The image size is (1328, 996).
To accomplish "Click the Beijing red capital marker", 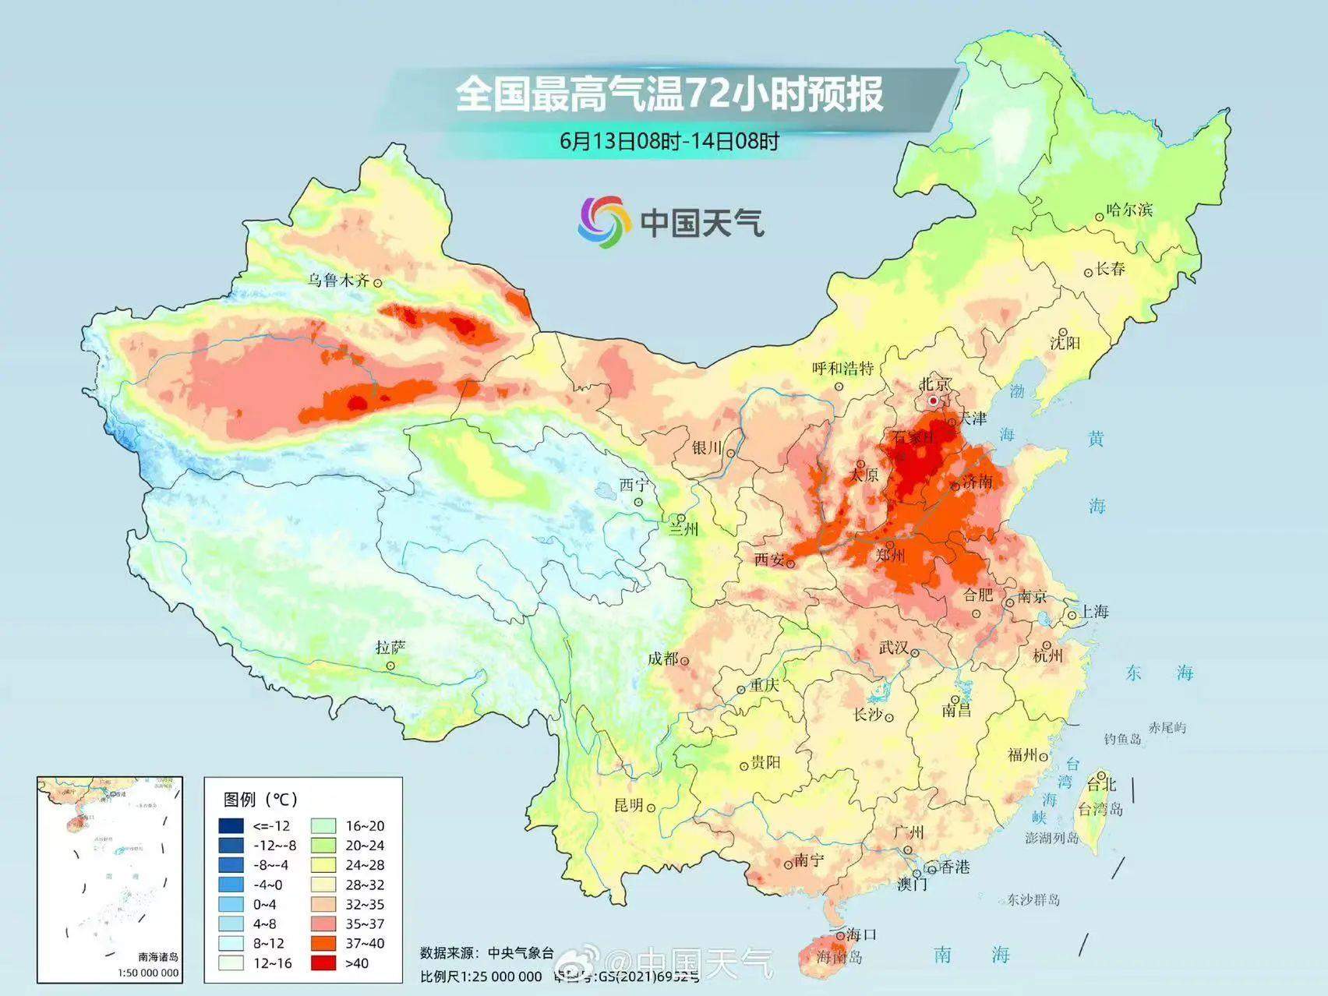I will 934,401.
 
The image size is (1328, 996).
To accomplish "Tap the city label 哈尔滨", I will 1128,210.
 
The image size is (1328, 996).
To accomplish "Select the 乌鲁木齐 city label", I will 337,280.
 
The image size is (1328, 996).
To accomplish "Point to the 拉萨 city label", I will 390,648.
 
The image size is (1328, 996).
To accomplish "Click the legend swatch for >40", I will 323,962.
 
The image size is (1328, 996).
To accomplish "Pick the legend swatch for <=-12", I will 231,826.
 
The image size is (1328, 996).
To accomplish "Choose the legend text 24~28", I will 365,865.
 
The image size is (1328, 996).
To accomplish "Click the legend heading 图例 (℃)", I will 261,799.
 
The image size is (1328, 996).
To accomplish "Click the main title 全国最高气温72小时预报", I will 669,94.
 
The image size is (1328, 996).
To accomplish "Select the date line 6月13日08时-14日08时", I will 669,141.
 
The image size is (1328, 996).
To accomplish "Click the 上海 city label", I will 1094,611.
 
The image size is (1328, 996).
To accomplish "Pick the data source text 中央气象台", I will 521,952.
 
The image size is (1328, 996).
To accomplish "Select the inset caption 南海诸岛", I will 158,956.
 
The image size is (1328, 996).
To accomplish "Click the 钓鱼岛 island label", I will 1122,739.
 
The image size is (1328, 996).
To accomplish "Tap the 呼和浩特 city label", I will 842,368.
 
